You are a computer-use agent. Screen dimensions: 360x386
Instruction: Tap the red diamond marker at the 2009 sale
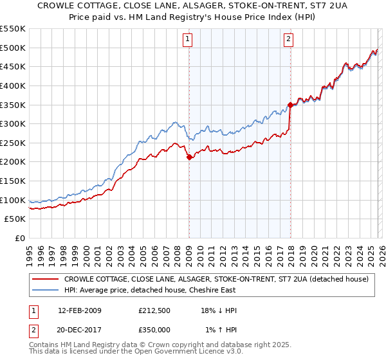[x=189, y=157]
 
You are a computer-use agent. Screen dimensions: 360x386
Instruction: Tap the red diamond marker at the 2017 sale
[x=290, y=105]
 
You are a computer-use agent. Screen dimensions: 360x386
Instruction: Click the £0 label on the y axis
[x=19, y=238]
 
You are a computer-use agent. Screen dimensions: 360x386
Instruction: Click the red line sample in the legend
[x=45, y=279]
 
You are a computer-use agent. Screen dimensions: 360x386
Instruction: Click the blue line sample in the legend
[x=45, y=290]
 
